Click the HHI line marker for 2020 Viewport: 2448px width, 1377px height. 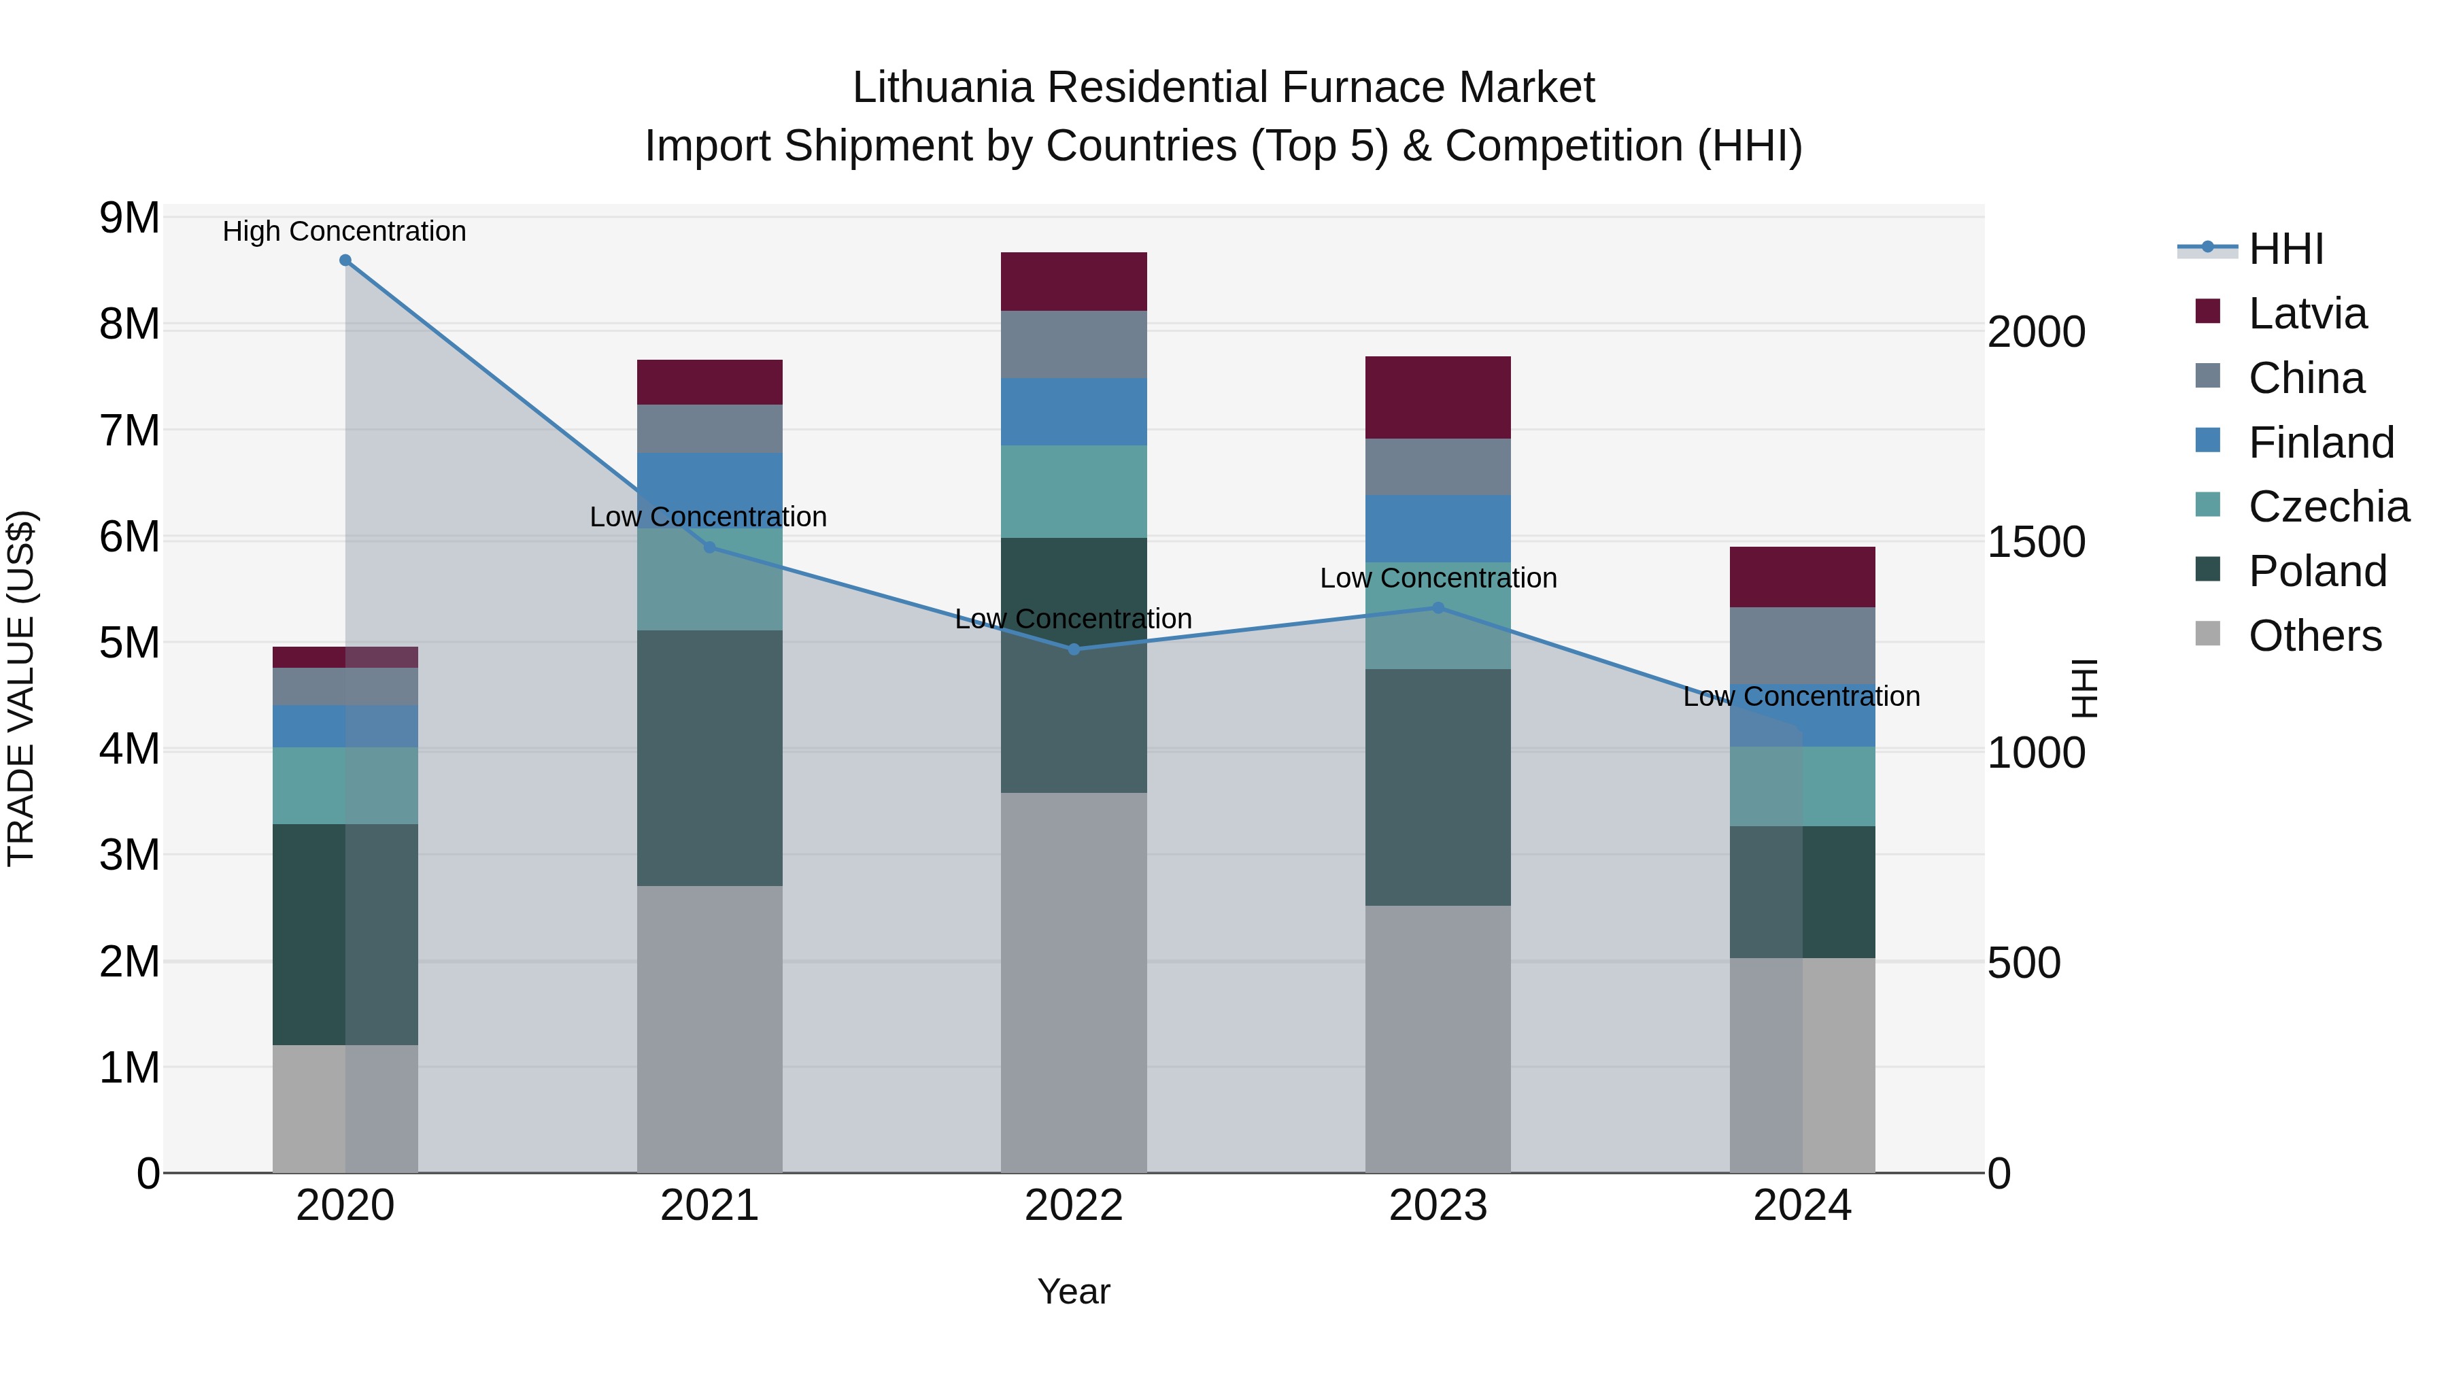click(x=345, y=260)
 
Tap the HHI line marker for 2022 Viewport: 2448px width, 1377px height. click(x=1074, y=649)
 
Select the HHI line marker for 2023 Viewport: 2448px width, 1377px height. click(x=1438, y=607)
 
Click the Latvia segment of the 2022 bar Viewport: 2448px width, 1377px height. click(x=1074, y=282)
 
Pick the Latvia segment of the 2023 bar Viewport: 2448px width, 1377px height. click(x=1438, y=397)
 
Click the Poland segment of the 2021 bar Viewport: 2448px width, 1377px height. click(x=709, y=758)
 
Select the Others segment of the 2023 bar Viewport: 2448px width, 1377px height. click(x=1438, y=1038)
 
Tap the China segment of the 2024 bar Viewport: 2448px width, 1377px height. click(x=1802, y=645)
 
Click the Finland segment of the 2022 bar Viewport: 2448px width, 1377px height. click(x=1074, y=411)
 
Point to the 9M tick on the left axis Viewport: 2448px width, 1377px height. click(x=129, y=218)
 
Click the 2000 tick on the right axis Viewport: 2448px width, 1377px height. click(x=2035, y=333)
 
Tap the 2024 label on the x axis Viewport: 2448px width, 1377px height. click(x=1802, y=1206)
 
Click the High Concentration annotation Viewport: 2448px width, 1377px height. click(x=344, y=231)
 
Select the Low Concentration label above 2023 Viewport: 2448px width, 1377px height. click(x=1438, y=578)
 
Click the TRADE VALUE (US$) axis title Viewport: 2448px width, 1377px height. click(x=21, y=688)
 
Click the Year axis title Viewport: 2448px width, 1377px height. click(x=1074, y=1291)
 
